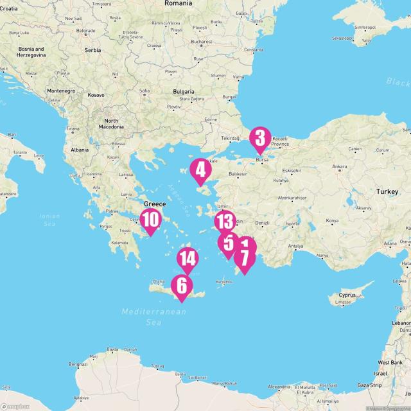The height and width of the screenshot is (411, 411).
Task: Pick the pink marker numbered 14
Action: tap(188, 259)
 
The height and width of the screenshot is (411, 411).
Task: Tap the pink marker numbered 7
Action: tap(244, 259)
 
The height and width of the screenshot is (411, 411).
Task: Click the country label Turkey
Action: tap(387, 192)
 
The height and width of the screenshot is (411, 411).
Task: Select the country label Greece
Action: tap(154, 204)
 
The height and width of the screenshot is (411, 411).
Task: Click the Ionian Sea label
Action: tap(49, 220)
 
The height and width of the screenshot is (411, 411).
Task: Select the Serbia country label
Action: tap(92, 49)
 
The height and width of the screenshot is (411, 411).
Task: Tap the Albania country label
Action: tap(80, 150)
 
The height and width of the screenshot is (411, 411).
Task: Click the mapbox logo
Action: tap(15, 406)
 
